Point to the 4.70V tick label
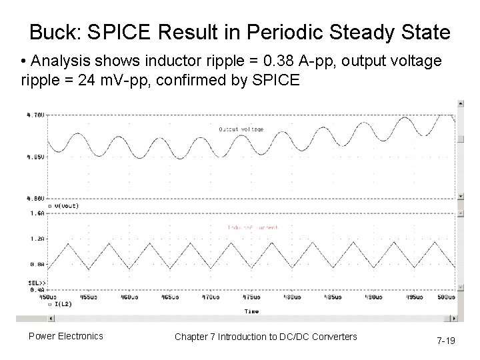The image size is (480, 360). click(35, 115)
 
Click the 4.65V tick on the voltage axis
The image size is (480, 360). click(35, 157)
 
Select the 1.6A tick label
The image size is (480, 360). click(37, 213)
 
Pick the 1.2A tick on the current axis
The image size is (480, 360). click(37, 238)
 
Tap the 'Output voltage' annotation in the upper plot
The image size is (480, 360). click(241, 129)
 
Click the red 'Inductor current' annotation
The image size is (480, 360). click(253, 227)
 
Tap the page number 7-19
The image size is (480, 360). click(446, 341)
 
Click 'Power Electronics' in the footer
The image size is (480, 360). click(65, 336)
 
